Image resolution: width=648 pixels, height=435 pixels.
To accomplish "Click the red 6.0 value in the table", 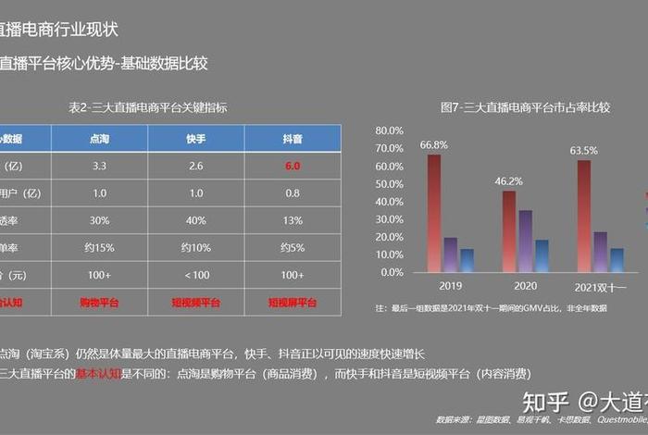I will tap(293, 167).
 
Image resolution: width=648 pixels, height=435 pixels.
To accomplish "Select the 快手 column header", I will tap(195, 139).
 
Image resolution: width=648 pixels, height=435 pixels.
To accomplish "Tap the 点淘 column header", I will tap(100, 139).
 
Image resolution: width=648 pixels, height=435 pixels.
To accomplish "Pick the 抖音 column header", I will tap(293, 139).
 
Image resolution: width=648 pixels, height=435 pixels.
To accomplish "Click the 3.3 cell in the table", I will tap(100, 167).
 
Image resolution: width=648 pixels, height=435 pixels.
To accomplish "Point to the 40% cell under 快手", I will tap(195, 220).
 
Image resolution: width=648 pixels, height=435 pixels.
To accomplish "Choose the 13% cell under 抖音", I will tap(293, 220).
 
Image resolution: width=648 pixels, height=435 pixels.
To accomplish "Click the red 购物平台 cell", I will tap(100, 302).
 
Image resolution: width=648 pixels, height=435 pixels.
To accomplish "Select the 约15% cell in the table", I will tap(100, 247).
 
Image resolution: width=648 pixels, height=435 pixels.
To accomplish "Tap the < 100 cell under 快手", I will tap(195, 275).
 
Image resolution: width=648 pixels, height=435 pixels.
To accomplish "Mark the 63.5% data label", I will tap(583, 150).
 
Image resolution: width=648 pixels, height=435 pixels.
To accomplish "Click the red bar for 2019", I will tap(433, 213).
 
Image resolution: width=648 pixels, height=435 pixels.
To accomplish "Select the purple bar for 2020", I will tap(525, 242).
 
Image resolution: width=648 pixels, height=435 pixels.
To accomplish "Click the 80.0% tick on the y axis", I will tap(389, 130).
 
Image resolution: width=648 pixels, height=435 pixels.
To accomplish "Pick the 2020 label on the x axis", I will tap(525, 288).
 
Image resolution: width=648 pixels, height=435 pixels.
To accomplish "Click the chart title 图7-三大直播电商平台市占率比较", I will tap(525, 107).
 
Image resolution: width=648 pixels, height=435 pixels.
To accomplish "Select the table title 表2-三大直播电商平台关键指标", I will tap(148, 107).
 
